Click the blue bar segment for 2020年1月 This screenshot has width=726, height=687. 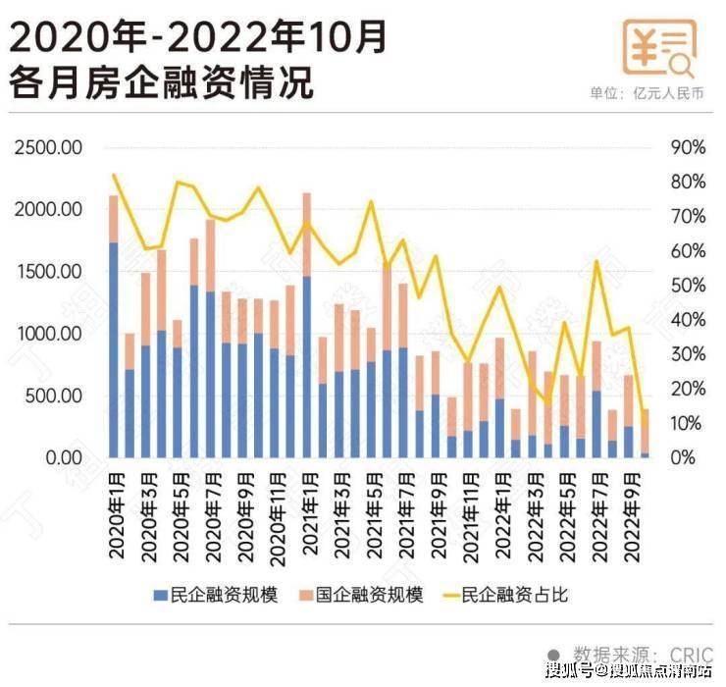click(x=114, y=348)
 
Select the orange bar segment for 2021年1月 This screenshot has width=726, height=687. click(x=307, y=235)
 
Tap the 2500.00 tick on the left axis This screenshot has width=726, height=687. click(x=48, y=147)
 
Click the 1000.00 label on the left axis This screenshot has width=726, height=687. click(x=48, y=334)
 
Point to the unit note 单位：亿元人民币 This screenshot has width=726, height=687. click(x=647, y=94)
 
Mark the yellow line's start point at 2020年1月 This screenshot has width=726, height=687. click(x=114, y=175)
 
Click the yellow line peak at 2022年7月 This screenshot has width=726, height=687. click(x=596, y=261)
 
